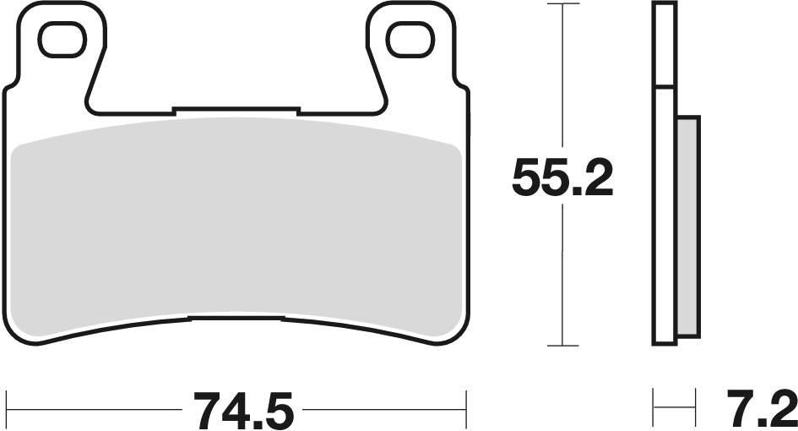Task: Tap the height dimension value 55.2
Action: (x=562, y=178)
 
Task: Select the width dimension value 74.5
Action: (x=244, y=412)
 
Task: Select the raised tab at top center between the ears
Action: (x=236, y=109)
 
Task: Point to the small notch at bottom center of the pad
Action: (x=236, y=318)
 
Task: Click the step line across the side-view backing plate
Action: (x=665, y=88)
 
